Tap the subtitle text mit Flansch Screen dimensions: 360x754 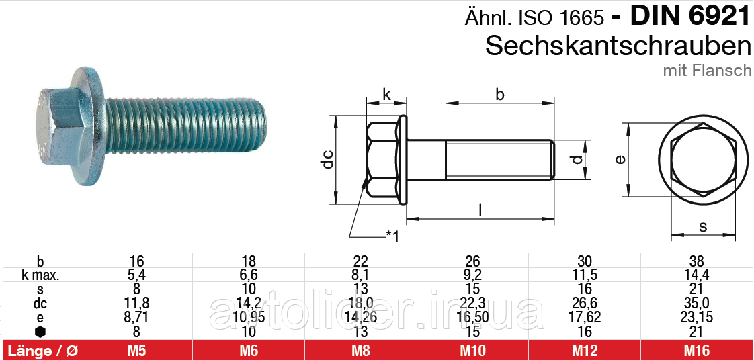pyautogui.click(x=707, y=70)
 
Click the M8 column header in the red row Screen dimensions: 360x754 pyautogui.click(x=361, y=350)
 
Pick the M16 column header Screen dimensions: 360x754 pyautogui.click(x=696, y=350)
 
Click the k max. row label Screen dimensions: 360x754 pyautogui.click(x=40, y=275)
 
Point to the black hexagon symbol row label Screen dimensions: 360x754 pyautogui.click(x=40, y=331)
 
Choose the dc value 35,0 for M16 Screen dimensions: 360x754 pyautogui.click(x=696, y=303)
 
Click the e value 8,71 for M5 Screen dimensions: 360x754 pyautogui.click(x=137, y=317)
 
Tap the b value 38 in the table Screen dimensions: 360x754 pyautogui.click(x=696, y=261)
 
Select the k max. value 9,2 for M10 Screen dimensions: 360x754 pyautogui.click(x=473, y=275)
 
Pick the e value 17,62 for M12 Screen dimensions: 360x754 pyautogui.click(x=585, y=317)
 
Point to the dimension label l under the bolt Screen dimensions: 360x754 pyautogui.click(x=480, y=209)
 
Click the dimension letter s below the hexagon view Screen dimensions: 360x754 pyautogui.click(x=703, y=226)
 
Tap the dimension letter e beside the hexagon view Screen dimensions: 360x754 pyautogui.click(x=620, y=159)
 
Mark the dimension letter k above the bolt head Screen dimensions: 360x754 pyautogui.click(x=386, y=95)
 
